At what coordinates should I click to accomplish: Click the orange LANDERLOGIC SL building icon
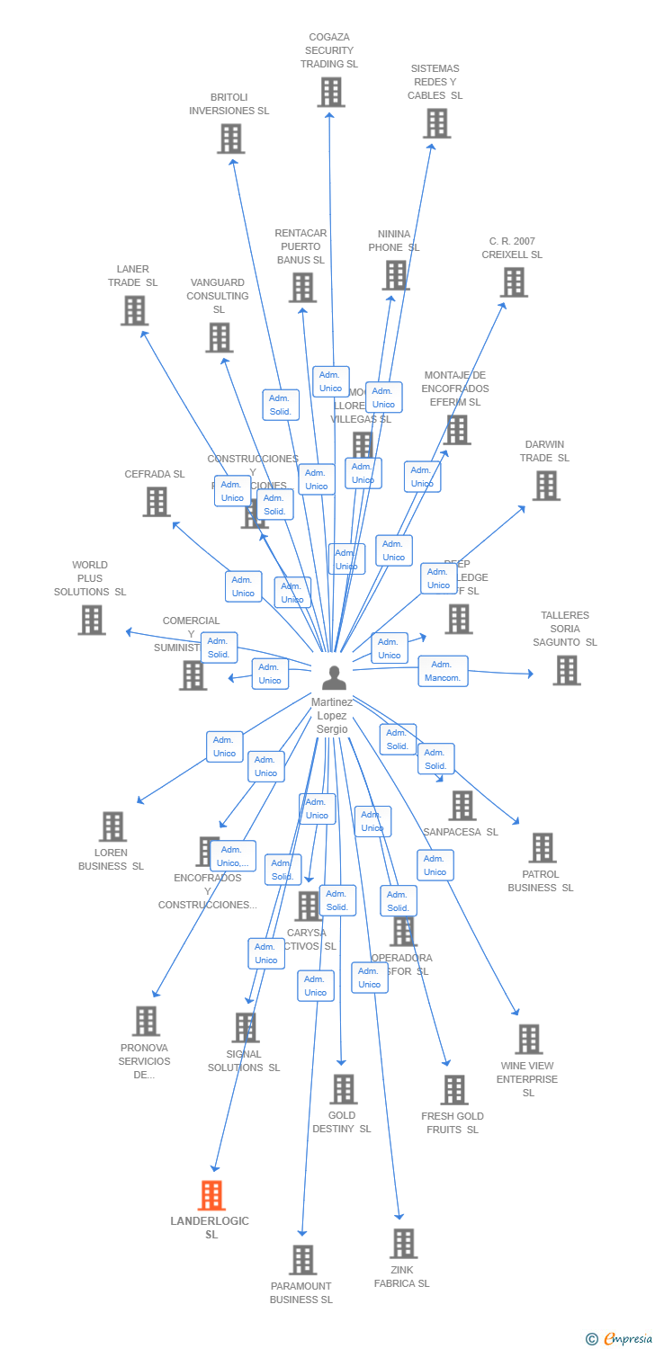pyautogui.click(x=211, y=1195)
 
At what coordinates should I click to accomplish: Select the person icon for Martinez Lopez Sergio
pyautogui.click(x=334, y=677)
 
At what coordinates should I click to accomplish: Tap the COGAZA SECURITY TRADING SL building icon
pyautogui.click(x=331, y=92)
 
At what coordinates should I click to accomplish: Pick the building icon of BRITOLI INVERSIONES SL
pyautogui.click(x=231, y=138)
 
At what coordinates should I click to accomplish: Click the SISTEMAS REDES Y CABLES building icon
pyautogui.click(x=436, y=123)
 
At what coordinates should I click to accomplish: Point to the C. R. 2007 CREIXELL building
pyautogui.click(x=514, y=282)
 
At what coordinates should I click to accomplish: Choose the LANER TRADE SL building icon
pyautogui.click(x=134, y=310)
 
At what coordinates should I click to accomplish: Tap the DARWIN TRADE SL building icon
pyautogui.click(x=546, y=486)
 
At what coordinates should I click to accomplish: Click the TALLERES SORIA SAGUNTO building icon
pyautogui.click(x=566, y=670)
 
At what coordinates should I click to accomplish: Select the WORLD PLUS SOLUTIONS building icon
pyautogui.click(x=91, y=620)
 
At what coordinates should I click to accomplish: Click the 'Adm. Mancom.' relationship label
pyautogui.click(x=443, y=671)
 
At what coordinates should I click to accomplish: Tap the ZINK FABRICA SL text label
pyautogui.click(x=401, y=1276)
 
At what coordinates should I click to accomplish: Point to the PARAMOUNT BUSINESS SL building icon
pyautogui.click(x=303, y=1260)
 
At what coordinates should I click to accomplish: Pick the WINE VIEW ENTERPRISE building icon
pyautogui.click(x=529, y=1040)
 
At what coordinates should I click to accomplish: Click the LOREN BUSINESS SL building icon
pyautogui.click(x=112, y=826)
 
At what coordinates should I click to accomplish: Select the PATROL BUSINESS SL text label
pyautogui.click(x=540, y=880)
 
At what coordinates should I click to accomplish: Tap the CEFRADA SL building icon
pyautogui.click(x=157, y=502)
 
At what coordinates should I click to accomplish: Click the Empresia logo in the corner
pyautogui.click(x=620, y=1339)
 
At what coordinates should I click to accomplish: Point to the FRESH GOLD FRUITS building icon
pyautogui.click(x=454, y=1090)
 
